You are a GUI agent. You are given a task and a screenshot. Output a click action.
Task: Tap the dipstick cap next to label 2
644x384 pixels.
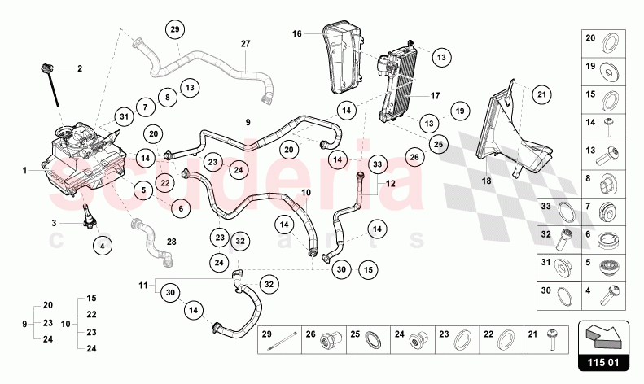click(x=46, y=66)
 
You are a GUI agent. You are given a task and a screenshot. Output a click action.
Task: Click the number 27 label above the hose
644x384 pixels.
click(x=245, y=43)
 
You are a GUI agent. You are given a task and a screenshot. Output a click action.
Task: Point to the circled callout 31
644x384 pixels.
click(x=124, y=116)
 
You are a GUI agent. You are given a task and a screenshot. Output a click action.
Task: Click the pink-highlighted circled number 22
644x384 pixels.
click(x=164, y=182)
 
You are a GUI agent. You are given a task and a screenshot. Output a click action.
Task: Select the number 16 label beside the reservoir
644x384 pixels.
click(x=297, y=34)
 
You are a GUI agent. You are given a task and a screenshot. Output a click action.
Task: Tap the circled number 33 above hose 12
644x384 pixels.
click(x=377, y=164)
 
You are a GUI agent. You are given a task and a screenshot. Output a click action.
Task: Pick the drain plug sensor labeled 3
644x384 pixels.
click(x=88, y=215)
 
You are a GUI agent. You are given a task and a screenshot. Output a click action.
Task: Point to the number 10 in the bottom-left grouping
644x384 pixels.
click(x=66, y=323)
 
